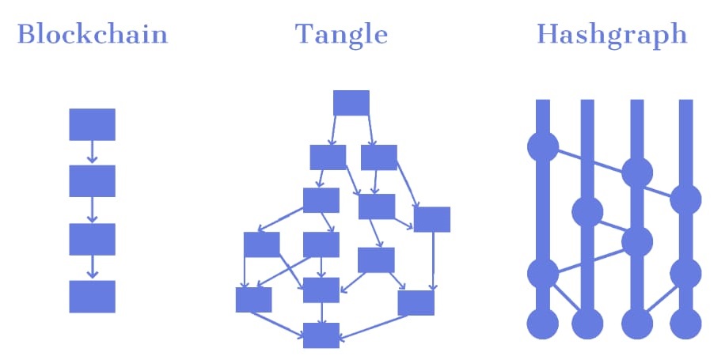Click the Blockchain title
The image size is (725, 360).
tap(93, 36)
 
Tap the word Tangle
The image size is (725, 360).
tap(342, 35)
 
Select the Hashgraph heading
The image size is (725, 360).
tap(611, 36)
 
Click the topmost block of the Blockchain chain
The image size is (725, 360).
tap(93, 124)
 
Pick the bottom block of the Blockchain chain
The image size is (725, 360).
tap(93, 296)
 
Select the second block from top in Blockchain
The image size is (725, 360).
tap(93, 181)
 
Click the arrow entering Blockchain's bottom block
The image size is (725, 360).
tap(93, 267)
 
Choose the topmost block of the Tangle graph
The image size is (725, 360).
tap(351, 103)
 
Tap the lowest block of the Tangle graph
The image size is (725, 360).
tap(321, 335)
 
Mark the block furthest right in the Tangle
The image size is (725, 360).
tap(432, 219)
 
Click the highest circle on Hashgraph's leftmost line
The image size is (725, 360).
tap(542, 146)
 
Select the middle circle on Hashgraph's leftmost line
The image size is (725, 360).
tap(542, 274)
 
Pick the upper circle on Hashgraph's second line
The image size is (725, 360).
tap(587, 212)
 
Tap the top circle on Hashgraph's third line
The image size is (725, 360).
tap(636, 172)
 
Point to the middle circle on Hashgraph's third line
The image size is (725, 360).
tap(636, 241)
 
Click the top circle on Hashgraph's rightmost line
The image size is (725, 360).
tap(685, 199)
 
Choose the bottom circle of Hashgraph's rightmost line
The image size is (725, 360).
tap(685, 324)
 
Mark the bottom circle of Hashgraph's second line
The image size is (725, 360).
tap(587, 324)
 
